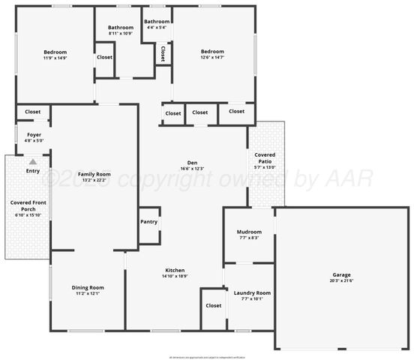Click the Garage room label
point(341,274)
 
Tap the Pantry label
point(148,222)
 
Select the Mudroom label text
point(249,232)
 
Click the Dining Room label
point(88,287)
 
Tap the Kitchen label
point(175,270)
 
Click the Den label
point(192,163)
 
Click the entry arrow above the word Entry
point(32,161)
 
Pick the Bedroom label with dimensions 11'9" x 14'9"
point(55,52)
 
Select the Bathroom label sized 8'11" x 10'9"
point(120,28)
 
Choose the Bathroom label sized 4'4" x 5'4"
point(157,22)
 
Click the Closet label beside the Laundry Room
point(214,305)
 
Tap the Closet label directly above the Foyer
point(33,112)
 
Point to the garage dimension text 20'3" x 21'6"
point(341,281)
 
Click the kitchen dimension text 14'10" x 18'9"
point(175,277)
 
